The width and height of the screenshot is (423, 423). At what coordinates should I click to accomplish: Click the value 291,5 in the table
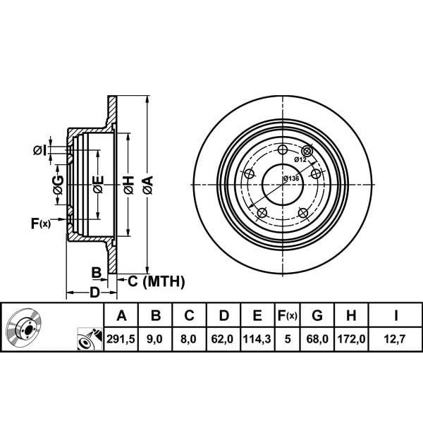121,339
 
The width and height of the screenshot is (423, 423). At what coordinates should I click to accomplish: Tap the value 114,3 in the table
257,339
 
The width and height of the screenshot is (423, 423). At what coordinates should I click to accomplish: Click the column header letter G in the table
317,315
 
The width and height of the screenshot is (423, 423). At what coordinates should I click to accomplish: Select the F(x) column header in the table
286,315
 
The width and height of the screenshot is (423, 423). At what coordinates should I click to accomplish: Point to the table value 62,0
223,339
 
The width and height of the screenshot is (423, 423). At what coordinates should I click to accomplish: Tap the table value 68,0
317,339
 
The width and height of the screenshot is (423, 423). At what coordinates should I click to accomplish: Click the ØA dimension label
147,185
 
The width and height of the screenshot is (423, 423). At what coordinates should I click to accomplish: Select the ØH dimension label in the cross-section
128,185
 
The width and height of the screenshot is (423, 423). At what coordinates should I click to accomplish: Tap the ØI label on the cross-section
39,149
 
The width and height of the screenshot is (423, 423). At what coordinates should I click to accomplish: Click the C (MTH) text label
155,282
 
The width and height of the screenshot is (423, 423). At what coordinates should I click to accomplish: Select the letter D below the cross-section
94,292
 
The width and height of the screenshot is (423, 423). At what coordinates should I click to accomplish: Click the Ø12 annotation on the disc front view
300,160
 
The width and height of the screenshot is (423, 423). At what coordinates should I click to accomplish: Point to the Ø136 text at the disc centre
291,178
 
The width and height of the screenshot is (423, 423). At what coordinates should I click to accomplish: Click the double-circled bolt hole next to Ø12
307,151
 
